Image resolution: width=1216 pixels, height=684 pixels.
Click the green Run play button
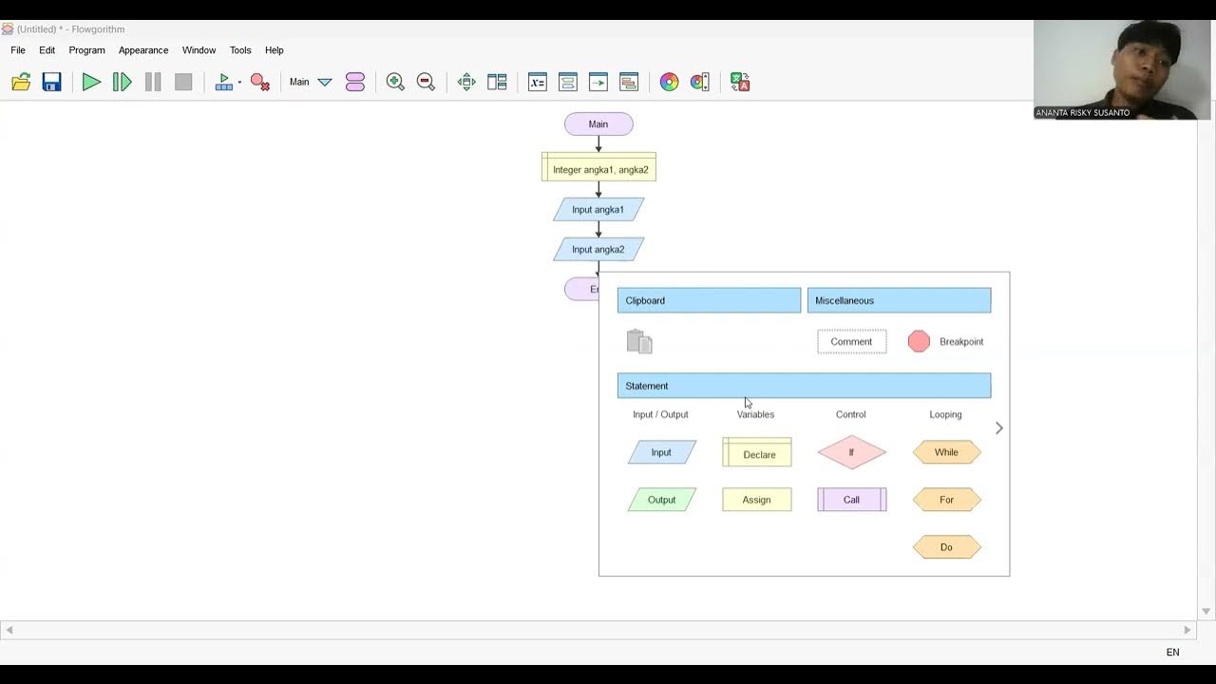[x=91, y=83]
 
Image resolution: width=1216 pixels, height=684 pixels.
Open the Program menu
[x=86, y=50]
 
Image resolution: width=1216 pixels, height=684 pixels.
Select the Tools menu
[x=240, y=50]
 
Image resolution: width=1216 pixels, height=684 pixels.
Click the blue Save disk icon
[x=51, y=83]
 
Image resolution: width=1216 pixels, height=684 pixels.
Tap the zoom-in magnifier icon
[x=395, y=83]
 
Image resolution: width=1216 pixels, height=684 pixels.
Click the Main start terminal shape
[x=598, y=124]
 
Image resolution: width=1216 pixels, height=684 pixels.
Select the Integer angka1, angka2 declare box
[x=599, y=169]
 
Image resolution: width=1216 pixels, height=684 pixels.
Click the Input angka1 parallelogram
[x=598, y=210]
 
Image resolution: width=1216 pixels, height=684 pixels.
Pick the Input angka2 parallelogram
[x=598, y=250]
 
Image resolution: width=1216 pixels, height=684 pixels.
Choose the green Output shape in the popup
[x=662, y=500]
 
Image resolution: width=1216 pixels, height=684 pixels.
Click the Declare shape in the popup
[x=757, y=453]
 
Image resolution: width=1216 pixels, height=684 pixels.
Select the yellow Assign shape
[x=757, y=500]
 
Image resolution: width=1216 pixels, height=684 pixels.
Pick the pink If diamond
[x=851, y=452]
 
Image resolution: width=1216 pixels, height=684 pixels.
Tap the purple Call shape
[x=851, y=500]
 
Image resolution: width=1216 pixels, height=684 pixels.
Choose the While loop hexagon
[x=946, y=452]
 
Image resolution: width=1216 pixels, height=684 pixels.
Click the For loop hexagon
[x=946, y=500]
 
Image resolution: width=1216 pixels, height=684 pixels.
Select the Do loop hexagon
[x=946, y=547]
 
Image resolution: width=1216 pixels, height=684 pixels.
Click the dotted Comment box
[x=851, y=342]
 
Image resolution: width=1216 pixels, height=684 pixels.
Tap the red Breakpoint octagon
[x=919, y=342]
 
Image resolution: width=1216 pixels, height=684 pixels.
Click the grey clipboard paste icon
[x=639, y=342]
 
